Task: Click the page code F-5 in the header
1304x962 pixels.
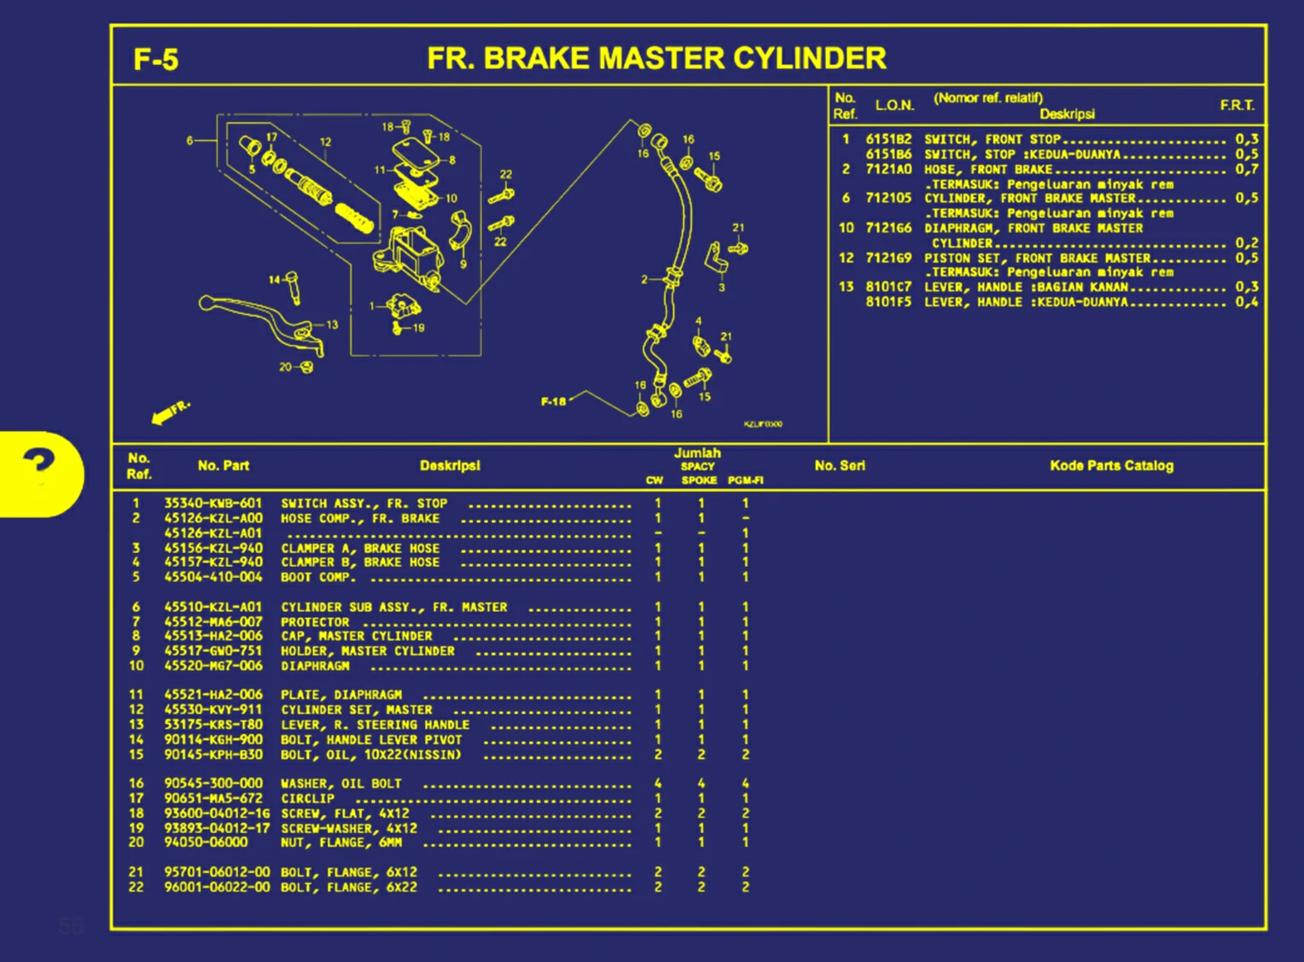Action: point(155,60)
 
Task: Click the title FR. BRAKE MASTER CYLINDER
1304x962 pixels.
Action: point(656,58)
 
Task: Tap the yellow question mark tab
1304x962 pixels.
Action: point(39,472)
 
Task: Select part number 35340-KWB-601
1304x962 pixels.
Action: point(212,504)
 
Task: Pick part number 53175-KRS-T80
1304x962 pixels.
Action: point(212,725)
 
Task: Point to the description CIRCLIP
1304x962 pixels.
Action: point(307,799)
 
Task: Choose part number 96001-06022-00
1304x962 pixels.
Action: point(217,888)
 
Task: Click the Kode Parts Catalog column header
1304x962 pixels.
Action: point(1111,465)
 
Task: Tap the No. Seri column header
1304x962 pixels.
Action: point(840,465)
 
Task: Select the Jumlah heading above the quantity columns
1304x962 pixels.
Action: point(697,453)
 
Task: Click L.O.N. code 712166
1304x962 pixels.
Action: point(888,229)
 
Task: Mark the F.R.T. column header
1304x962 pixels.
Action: point(1237,105)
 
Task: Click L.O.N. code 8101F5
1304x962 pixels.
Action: point(888,302)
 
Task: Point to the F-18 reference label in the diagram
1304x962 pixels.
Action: point(553,401)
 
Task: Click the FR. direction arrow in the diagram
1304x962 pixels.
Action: point(168,413)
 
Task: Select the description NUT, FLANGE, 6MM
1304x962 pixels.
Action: point(341,843)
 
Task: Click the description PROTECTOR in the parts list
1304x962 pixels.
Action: point(315,622)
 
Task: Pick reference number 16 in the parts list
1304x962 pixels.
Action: point(137,784)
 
